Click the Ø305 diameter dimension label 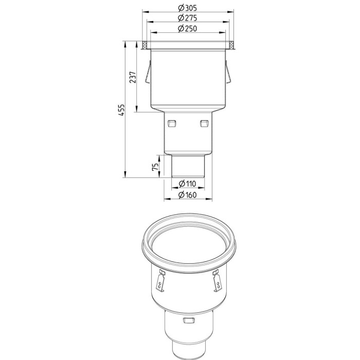point(187,8)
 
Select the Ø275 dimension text point(187,18)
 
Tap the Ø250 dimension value point(187,28)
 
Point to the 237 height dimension point(133,77)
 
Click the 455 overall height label point(121,110)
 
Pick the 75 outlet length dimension point(155,167)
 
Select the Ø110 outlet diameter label point(187,184)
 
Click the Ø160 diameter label point(187,195)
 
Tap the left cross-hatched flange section point(145,45)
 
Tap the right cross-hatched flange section point(231,45)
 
